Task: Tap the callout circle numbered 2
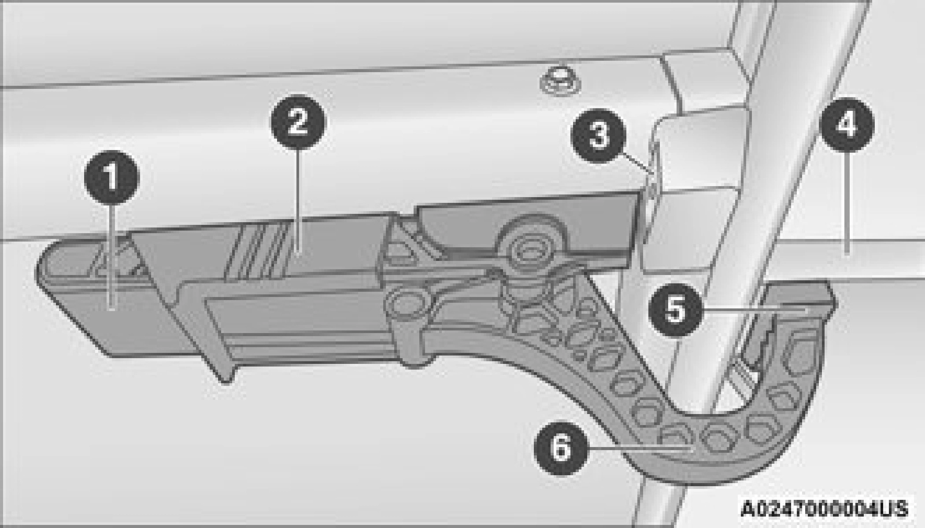299,122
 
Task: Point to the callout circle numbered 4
846,125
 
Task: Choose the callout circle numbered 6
561,448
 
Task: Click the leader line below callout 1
112,258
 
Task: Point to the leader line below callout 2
299,200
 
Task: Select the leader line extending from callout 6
639,448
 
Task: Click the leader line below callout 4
846,202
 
